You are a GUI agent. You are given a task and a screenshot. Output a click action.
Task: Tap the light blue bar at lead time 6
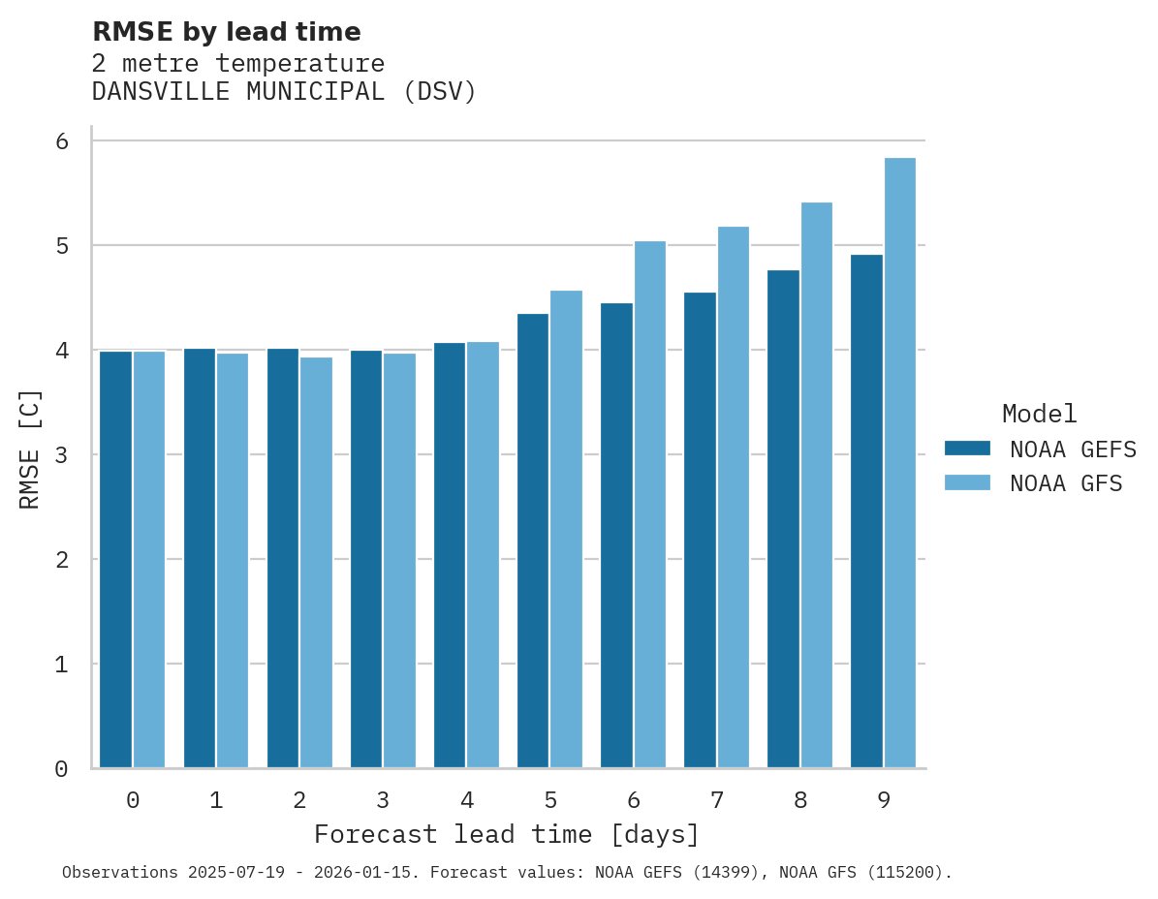[649, 505]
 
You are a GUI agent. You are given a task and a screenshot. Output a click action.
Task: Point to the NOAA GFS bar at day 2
[316, 563]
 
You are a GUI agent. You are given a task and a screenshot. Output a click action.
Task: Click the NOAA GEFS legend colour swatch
[967, 449]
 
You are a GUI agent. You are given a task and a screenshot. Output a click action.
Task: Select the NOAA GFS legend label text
[1066, 483]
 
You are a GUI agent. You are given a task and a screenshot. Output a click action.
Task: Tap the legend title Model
[1039, 414]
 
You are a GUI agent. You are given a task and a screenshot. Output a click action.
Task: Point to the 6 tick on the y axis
[62, 141]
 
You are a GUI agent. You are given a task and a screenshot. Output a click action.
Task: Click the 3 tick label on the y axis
[62, 455]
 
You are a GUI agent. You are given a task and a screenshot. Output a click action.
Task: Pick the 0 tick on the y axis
[62, 769]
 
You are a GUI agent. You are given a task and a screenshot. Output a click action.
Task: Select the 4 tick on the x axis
[467, 800]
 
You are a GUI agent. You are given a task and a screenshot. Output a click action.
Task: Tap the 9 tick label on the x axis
[884, 800]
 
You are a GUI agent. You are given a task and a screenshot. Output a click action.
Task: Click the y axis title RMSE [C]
[30, 449]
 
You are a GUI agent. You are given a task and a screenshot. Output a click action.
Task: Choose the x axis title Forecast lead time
[506, 834]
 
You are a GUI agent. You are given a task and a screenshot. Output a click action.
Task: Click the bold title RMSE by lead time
[226, 32]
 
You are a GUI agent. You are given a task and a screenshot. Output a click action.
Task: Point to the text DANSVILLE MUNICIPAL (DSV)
[284, 92]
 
